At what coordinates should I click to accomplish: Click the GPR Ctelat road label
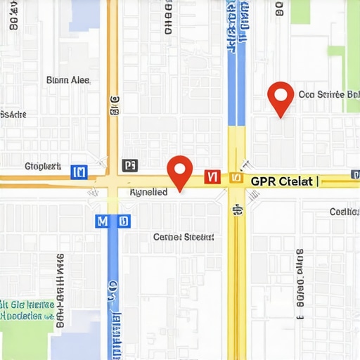pyautogui.click(x=281, y=181)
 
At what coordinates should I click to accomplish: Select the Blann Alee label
pyautogui.click(x=67, y=80)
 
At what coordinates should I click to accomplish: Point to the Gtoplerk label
pyautogui.click(x=42, y=167)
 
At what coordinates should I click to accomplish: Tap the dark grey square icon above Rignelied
pyautogui.click(x=129, y=165)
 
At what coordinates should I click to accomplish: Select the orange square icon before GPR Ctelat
pyautogui.click(x=236, y=180)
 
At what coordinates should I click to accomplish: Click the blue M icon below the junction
pyautogui.click(x=103, y=221)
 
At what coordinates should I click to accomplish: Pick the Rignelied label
pyautogui.click(x=148, y=191)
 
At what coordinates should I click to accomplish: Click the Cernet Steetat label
pyautogui.click(x=183, y=237)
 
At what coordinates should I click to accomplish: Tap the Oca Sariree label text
pyautogui.click(x=329, y=94)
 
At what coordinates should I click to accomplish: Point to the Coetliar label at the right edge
pyautogui.click(x=345, y=212)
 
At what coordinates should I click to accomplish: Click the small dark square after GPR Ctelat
pyautogui.click(x=318, y=181)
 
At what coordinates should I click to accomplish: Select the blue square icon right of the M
pyautogui.click(x=124, y=221)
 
